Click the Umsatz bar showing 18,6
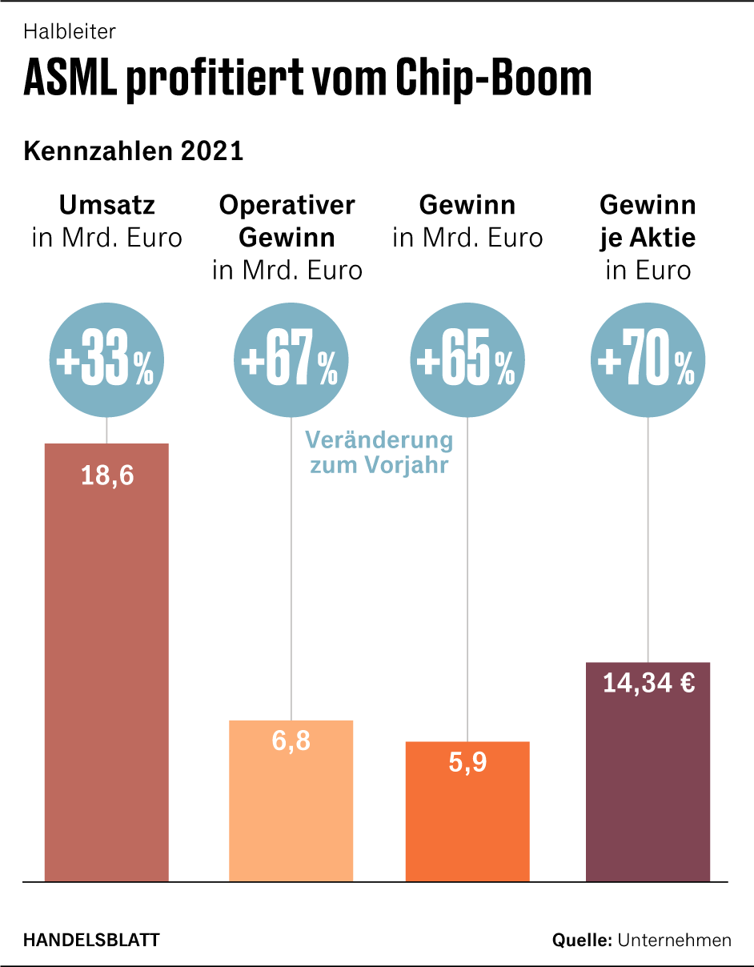click(x=106, y=664)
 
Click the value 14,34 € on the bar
click(x=648, y=684)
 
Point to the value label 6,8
click(x=291, y=741)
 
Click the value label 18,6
click(x=107, y=476)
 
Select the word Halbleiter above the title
click(x=70, y=32)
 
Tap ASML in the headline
click(x=71, y=78)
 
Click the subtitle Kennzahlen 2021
click(x=134, y=151)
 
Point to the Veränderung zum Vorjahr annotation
click(x=379, y=452)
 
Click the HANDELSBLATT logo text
click(x=91, y=940)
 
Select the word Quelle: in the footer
click(x=582, y=940)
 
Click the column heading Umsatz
click(x=107, y=206)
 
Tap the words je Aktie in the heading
click(x=648, y=238)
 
